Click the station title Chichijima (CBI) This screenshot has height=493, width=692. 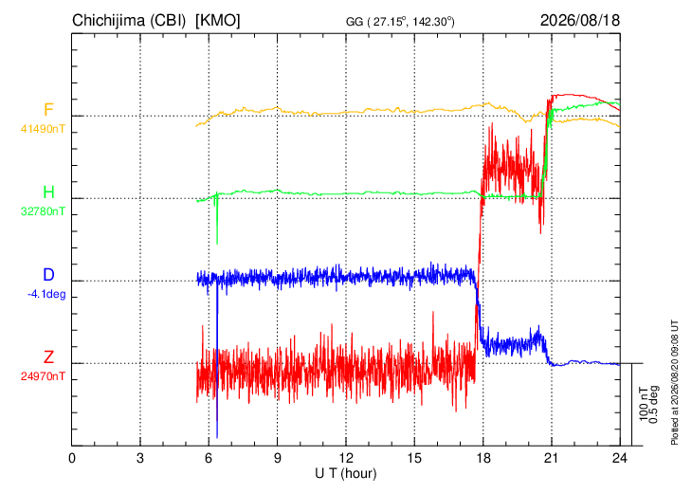pos(129,20)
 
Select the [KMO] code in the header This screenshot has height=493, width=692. pos(218,20)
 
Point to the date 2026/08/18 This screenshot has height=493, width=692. pos(580,20)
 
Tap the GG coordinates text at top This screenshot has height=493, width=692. pos(400,21)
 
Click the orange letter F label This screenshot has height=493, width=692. pos(48,109)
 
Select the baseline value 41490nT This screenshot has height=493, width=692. pos(43,129)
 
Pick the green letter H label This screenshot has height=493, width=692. pos(48,192)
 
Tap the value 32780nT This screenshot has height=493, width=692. pos(43,211)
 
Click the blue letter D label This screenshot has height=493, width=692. pos(48,275)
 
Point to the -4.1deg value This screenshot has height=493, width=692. pos(46,294)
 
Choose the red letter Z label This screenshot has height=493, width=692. pos(48,356)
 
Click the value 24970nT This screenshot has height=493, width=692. pos(43,376)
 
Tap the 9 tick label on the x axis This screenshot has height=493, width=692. pos(278,458)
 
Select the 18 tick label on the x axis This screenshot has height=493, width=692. pos(483,458)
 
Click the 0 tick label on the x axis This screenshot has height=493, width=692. pos(72,458)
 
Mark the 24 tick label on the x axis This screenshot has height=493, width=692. pos(620,458)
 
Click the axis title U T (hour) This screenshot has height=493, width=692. pos(346,474)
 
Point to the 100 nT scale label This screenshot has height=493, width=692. pos(644,404)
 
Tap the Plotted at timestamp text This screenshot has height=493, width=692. pos(675,382)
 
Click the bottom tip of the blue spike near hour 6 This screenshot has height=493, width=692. pos(217,437)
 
